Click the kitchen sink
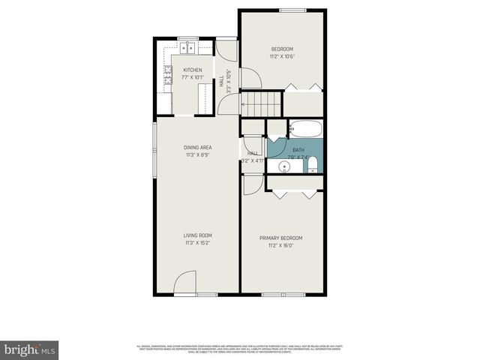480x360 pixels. (187, 49)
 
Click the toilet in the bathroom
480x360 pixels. (312, 165)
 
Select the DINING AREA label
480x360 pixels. (197, 147)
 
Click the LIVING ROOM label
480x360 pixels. (197, 235)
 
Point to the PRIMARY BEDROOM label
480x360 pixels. (281, 238)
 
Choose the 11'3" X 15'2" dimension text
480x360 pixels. (197, 243)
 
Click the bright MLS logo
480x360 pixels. (29, 349)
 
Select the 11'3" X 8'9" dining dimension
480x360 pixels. (197, 154)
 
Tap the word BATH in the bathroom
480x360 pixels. (298, 150)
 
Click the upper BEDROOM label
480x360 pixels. (281, 49)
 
